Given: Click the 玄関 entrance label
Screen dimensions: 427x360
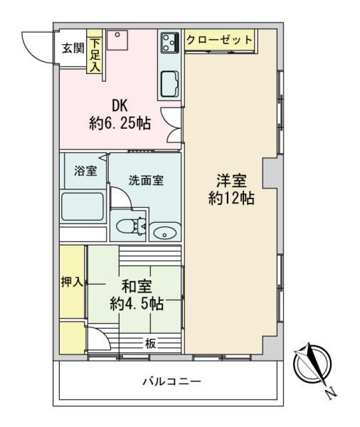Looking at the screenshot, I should coord(71,48).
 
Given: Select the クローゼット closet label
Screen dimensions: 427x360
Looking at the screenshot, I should coord(219,40).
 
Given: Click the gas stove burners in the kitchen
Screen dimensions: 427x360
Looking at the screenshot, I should coord(170,42).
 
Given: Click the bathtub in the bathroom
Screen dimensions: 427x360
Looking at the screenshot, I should coord(83,207).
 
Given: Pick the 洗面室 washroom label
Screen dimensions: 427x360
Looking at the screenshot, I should coord(146,180).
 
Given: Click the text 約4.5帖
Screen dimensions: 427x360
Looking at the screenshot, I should coord(137,304).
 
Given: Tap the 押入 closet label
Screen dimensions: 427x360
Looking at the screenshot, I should coord(71,283).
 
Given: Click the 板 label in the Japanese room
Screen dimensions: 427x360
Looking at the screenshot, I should coord(151,343).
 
